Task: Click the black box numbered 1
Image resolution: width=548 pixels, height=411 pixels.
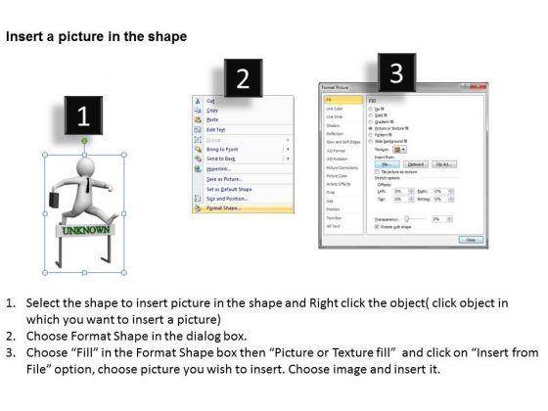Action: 84,116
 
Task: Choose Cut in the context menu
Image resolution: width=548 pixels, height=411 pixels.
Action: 209,100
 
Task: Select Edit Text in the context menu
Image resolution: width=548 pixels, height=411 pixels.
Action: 217,129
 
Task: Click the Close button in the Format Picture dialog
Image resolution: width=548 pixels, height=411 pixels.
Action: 472,239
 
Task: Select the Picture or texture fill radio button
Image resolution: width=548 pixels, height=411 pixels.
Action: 369,127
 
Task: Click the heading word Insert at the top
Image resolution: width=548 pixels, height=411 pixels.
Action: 23,37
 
